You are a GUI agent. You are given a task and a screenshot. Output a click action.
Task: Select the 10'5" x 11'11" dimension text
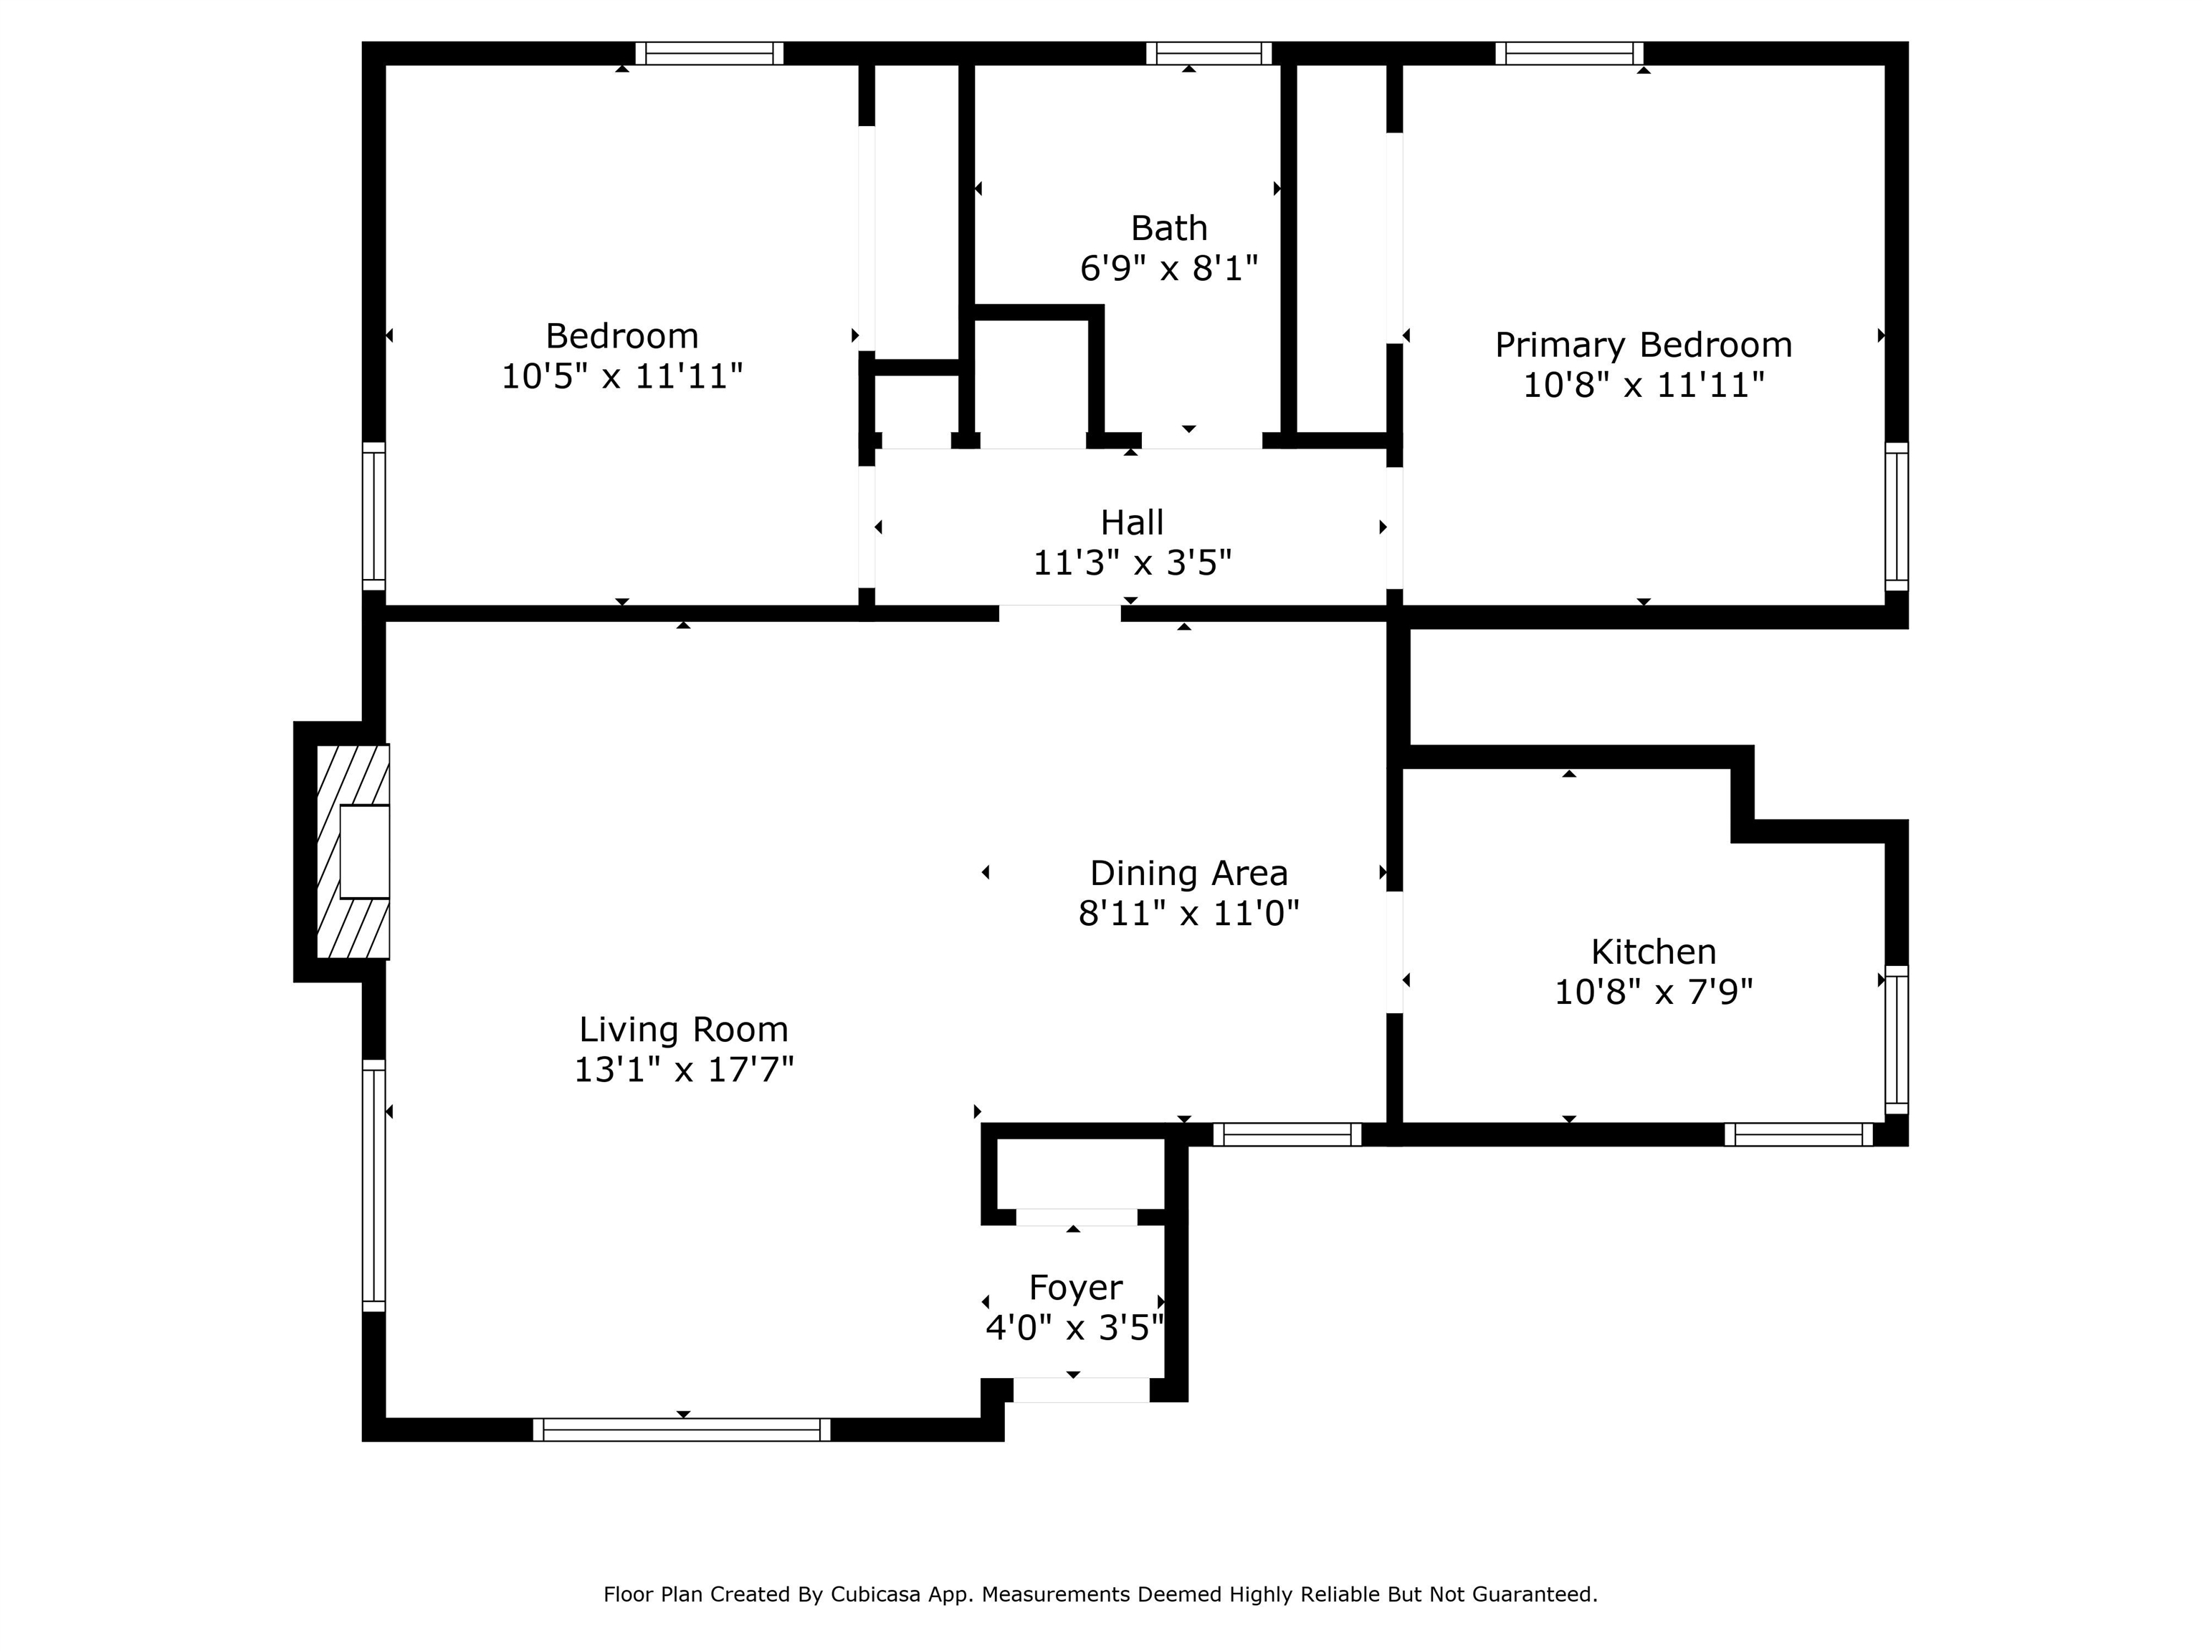622,376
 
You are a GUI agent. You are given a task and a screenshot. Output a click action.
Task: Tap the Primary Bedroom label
1644,345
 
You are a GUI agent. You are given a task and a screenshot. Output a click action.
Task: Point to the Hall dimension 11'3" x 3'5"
1132,563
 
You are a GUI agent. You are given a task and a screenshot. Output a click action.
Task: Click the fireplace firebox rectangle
364,852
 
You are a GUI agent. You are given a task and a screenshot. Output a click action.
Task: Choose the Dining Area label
1188,873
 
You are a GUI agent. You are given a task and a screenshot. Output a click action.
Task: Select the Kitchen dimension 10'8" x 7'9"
1654,992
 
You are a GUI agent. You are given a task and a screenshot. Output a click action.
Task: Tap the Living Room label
684,1029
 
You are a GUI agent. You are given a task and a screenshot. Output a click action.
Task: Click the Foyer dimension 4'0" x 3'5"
1075,1328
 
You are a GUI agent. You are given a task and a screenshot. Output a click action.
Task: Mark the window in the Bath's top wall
1209,54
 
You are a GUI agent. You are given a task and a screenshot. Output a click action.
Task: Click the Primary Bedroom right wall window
1897,517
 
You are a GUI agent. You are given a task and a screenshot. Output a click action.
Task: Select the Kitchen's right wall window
1897,1039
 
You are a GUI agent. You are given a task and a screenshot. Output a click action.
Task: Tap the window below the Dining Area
1287,1134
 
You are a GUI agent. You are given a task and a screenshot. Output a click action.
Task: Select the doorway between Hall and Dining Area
1060,613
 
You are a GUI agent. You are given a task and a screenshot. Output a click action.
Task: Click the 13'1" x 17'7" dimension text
684,1070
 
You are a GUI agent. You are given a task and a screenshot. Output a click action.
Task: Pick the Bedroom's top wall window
710,54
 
